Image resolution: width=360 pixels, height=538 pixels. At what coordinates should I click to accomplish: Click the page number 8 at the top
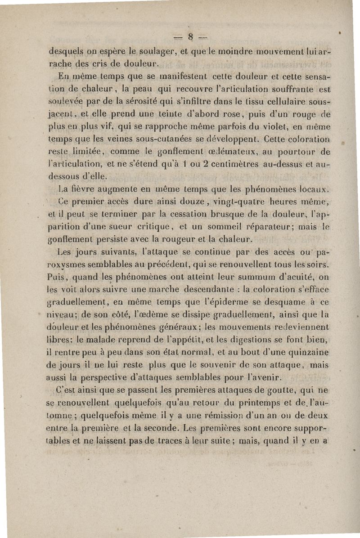(x=191, y=36)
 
